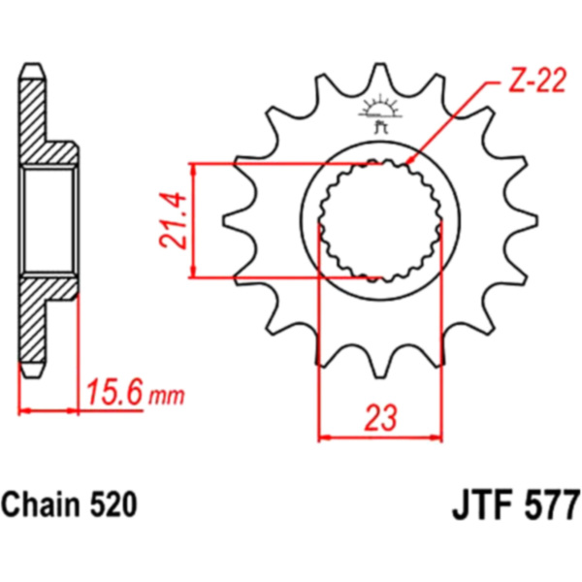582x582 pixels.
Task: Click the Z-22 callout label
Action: (x=536, y=81)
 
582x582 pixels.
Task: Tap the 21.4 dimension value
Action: (x=173, y=220)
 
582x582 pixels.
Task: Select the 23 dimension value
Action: (x=380, y=418)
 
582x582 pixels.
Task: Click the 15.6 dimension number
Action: (x=113, y=392)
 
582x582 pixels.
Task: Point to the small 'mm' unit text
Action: (x=166, y=397)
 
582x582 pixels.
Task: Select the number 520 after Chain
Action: (x=113, y=505)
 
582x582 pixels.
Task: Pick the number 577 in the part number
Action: (x=552, y=504)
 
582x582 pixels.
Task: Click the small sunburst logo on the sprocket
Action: (x=380, y=113)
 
